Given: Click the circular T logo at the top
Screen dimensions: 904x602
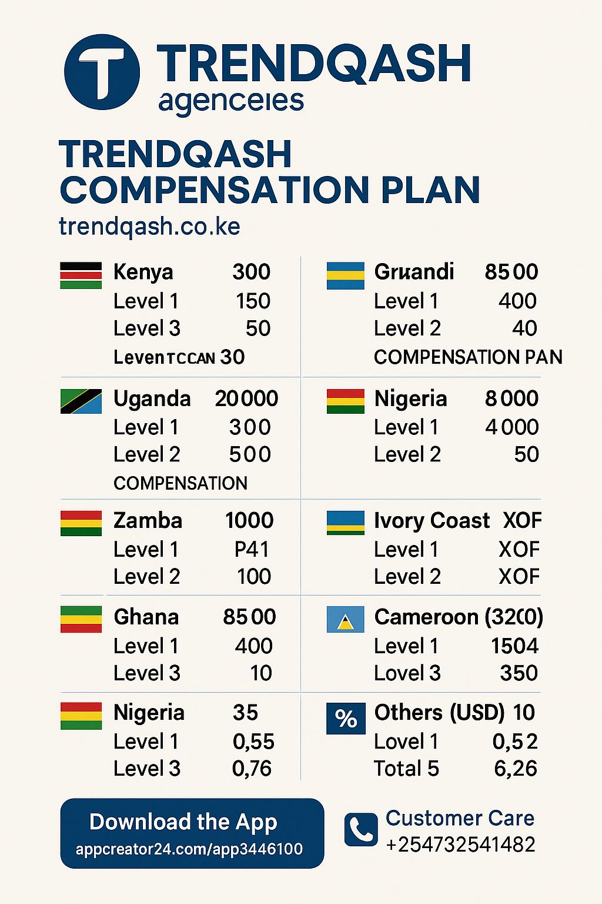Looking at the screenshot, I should [x=102, y=72].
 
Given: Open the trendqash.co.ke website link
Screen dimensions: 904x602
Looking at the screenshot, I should [x=149, y=227].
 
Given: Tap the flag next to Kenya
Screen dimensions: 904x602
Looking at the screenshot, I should [x=81, y=275].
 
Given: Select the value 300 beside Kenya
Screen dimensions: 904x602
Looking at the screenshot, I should [x=251, y=272].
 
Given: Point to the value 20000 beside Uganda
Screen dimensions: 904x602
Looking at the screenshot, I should [x=246, y=398].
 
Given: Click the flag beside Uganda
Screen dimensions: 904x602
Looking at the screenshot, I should [x=81, y=401].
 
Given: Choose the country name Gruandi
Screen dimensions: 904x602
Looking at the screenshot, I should [x=414, y=272].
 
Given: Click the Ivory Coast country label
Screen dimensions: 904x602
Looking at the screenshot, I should [x=432, y=520].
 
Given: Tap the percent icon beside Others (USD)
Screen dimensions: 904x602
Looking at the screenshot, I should [x=346, y=719].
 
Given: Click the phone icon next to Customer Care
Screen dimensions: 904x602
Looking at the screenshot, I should [x=360, y=830].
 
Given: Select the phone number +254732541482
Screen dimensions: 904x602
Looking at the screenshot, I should [x=460, y=845].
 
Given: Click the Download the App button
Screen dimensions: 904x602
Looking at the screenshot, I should [x=192, y=833].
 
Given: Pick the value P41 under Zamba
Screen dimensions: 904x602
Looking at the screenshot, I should [x=252, y=549].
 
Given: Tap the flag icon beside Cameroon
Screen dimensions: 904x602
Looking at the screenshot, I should [x=346, y=619].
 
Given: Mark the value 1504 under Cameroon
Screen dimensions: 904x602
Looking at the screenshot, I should [x=514, y=646].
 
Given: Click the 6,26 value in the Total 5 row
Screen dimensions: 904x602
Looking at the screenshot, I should [x=515, y=768].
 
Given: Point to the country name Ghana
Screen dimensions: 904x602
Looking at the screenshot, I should [x=146, y=617].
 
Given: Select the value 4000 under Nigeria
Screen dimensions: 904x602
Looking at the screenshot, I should [x=511, y=427].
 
